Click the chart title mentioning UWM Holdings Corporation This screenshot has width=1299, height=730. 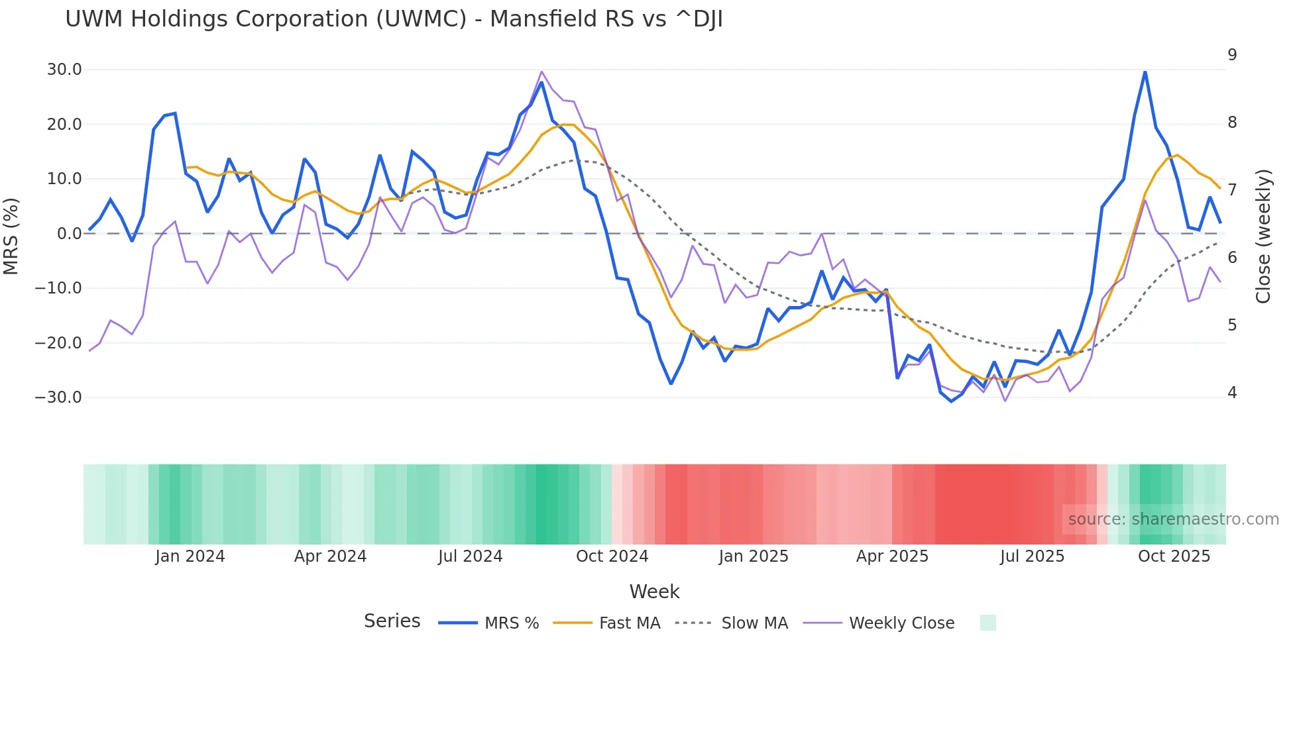[x=394, y=19]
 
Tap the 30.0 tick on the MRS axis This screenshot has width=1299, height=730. [x=64, y=70]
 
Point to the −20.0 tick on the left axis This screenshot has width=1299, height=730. [x=58, y=343]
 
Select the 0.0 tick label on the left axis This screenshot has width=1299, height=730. [x=69, y=234]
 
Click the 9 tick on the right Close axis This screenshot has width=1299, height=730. [x=1232, y=55]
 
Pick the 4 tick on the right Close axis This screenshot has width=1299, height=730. [x=1232, y=393]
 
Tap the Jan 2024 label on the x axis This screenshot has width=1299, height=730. [x=190, y=556]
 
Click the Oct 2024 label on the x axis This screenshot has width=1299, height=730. [x=612, y=556]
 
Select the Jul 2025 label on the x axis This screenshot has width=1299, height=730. [x=1032, y=556]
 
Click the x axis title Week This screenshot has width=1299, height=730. [x=654, y=592]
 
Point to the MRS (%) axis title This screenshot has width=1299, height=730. [x=11, y=236]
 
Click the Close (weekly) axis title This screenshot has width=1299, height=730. [x=1263, y=236]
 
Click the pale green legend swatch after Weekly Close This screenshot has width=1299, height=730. [x=988, y=623]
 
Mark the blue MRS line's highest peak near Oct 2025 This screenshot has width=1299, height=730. [x=1145, y=72]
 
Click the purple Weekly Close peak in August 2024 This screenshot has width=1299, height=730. [x=541, y=72]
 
